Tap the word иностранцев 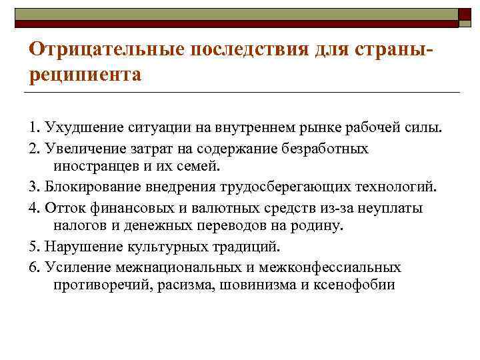tap(93, 164)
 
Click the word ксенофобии tap(356, 285)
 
